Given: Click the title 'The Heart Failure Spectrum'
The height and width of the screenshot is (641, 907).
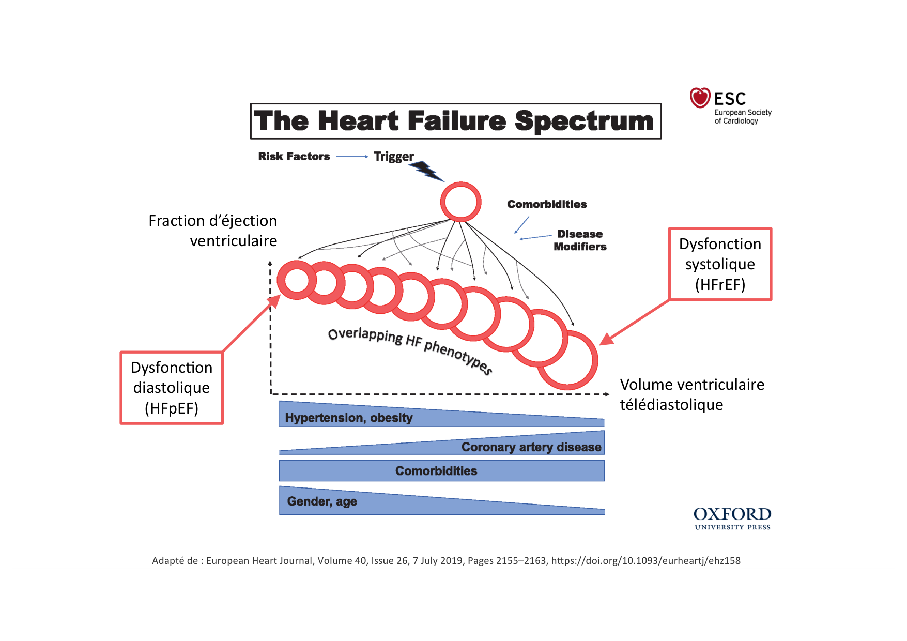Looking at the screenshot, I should tap(455, 121).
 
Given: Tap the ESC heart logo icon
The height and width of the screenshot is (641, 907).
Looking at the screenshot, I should tap(700, 98).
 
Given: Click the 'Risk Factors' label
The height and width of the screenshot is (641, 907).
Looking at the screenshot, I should tap(294, 156).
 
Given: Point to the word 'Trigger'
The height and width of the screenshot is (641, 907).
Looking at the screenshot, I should tap(393, 156).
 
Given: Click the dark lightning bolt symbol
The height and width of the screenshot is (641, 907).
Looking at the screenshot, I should tap(427, 171).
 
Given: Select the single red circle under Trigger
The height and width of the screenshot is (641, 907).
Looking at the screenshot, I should tap(460, 202).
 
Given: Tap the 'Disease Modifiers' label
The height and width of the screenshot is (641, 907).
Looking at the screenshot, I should tap(580, 240).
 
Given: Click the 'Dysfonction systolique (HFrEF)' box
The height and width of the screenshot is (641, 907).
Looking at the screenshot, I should tap(720, 264).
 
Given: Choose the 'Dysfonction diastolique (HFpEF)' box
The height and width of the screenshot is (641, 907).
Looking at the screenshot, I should tap(172, 388).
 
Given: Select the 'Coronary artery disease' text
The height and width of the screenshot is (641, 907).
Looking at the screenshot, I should tap(531, 447).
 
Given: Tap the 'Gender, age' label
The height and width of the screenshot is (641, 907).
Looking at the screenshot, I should tap(321, 501).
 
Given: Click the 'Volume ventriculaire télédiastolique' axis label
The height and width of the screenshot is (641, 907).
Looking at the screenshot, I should tap(691, 394).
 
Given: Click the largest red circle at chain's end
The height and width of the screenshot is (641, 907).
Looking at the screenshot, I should tap(567, 360).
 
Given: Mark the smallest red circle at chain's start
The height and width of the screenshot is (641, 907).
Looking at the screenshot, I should tap(297, 280).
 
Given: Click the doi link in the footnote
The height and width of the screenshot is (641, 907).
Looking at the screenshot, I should tap(645, 560).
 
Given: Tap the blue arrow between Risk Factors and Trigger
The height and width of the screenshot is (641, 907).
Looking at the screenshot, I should tap(351, 156).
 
